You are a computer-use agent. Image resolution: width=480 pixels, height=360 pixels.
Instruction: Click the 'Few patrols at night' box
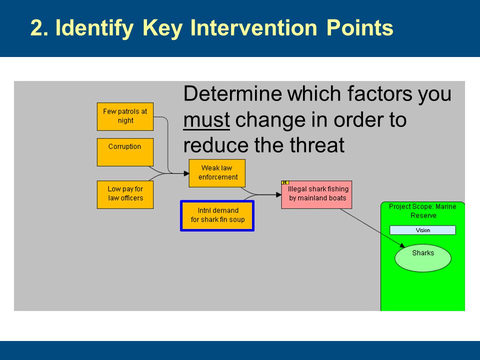(125, 116)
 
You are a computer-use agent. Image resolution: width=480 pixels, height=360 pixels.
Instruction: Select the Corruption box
(125, 152)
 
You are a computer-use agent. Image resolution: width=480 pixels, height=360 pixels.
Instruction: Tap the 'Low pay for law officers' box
(125, 194)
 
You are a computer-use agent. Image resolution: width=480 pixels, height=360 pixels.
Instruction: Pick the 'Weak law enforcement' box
(217, 173)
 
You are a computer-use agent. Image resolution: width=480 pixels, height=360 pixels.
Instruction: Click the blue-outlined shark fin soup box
(217, 215)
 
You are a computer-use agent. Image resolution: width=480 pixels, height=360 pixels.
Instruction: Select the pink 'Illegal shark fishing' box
(316, 194)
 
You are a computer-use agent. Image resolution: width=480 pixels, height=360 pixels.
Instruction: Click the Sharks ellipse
(423, 258)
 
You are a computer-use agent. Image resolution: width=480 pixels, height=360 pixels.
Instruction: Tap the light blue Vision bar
(422, 230)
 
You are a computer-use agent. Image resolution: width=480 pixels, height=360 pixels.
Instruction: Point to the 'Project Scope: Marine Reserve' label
(423, 211)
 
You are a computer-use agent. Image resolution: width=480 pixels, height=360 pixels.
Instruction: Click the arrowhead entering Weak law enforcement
(186, 173)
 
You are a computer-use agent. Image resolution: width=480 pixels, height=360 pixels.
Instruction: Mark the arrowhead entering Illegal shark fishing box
(278, 194)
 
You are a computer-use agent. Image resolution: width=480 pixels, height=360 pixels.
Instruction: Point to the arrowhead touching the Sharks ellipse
(402, 245)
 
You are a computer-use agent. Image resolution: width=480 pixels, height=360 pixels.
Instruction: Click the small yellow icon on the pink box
(285, 183)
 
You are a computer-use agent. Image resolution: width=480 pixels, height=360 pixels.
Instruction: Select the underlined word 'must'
(206, 119)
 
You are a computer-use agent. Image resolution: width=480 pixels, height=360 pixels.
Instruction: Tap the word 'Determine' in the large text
(232, 93)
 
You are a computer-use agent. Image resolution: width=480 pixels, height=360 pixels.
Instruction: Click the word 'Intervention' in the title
(253, 28)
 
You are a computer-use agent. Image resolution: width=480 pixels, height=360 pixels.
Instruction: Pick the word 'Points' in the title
(359, 28)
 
